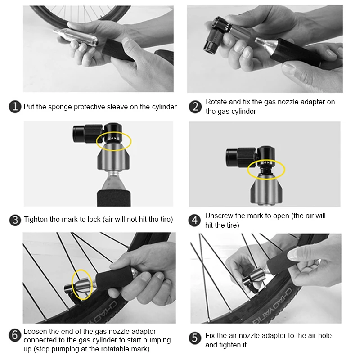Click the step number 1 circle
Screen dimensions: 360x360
tap(15, 107)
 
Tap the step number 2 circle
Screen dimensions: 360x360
tap(195, 107)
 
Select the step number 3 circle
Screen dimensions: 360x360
tap(15, 220)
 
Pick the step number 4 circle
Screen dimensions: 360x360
tap(195, 220)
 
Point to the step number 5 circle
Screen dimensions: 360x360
tap(195, 338)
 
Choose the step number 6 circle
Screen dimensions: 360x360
tap(15, 335)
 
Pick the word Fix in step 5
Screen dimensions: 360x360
tap(210, 335)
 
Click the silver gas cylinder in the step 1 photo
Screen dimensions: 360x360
tap(76, 37)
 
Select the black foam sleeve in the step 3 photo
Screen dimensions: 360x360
tap(114, 198)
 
